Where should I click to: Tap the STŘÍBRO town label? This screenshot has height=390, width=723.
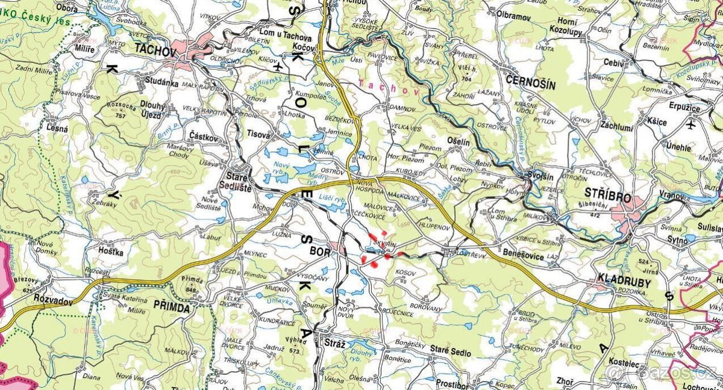(x=607, y=197)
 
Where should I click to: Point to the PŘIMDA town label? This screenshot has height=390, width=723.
(x=172, y=308)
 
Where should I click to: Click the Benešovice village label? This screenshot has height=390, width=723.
(x=521, y=257)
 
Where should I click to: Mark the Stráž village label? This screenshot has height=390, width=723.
(x=334, y=344)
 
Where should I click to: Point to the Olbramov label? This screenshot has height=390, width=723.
(x=514, y=16)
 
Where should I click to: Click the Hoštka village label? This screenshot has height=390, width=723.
(x=111, y=252)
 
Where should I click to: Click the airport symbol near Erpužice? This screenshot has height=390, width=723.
(x=690, y=125)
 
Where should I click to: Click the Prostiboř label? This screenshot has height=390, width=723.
(x=452, y=383)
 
